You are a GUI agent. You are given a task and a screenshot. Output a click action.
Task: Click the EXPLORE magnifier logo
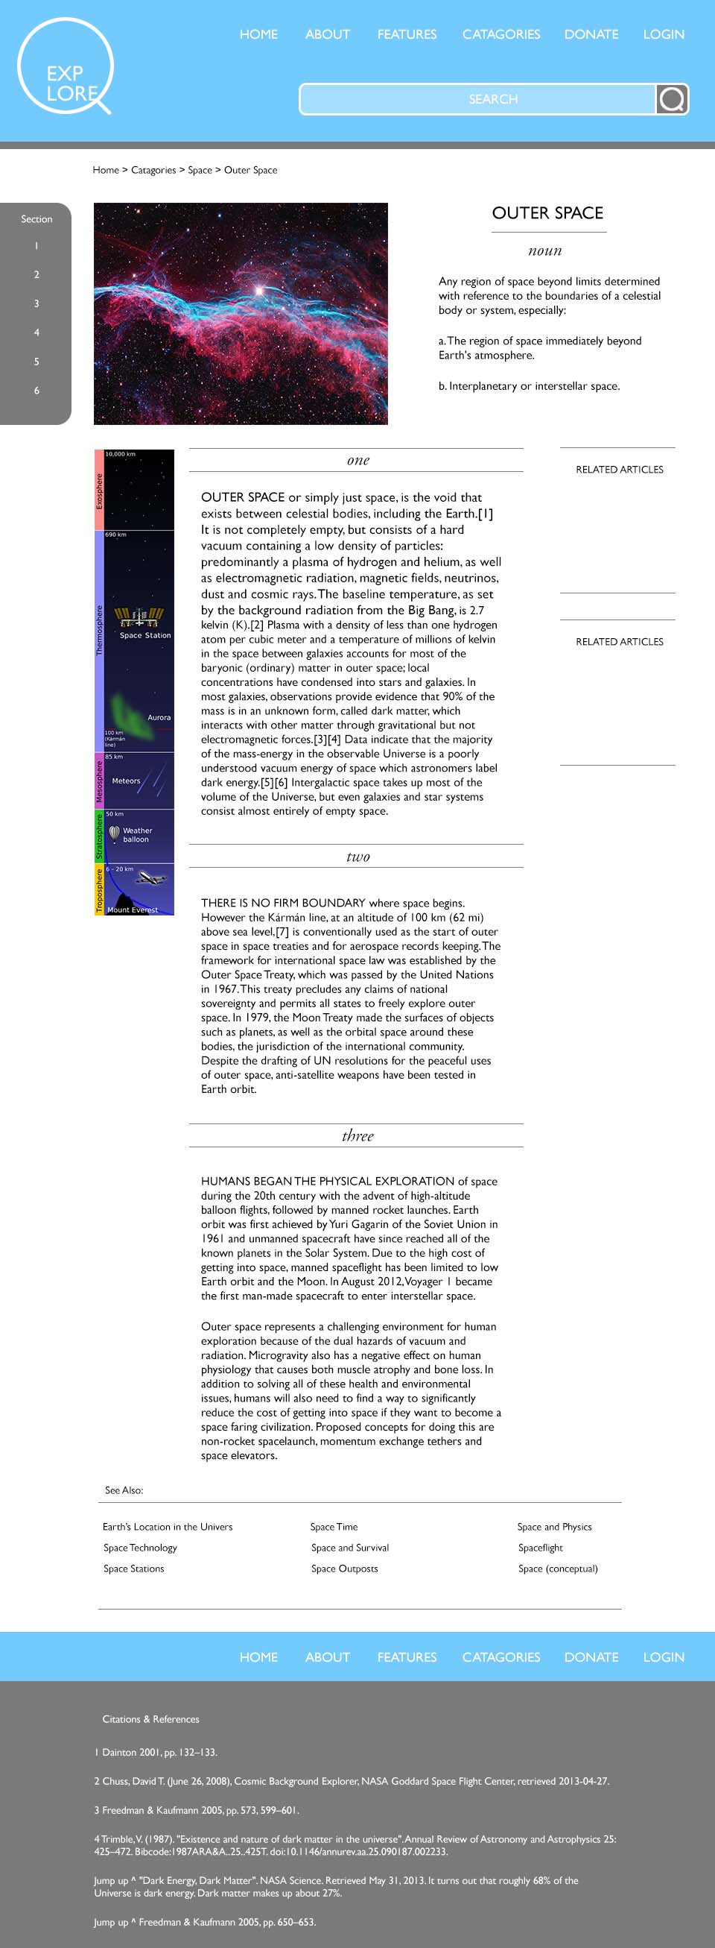(x=65, y=68)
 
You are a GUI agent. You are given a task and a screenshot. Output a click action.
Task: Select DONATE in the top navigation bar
(x=591, y=34)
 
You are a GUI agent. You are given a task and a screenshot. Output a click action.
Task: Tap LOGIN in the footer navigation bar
(x=664, y=1657)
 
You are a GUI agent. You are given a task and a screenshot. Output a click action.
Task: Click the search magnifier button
(x=671, y=99)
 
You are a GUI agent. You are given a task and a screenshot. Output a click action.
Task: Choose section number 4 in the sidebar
(x=36, y=332)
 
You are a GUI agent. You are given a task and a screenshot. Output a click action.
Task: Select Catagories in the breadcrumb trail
(x=153, y=170)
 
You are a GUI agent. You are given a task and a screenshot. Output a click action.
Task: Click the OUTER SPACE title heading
(x=547, y=213)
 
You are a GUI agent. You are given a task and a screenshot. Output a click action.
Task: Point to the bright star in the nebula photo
(x=259, y=290)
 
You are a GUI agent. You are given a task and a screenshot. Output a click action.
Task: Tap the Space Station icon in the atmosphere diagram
(x=139, y=617)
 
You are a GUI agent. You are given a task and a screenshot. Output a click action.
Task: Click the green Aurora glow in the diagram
(x=124, y=714)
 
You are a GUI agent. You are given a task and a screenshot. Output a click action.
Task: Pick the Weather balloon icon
(x=114, y=833)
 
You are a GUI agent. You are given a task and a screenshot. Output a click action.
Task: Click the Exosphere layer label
(x=99, y=491)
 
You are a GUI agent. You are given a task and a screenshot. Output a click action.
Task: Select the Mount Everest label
(x=133, y=910)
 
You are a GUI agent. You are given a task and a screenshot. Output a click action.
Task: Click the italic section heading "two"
(x=357, y=856)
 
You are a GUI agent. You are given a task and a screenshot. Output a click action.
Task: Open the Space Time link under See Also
(x=334, y=1527)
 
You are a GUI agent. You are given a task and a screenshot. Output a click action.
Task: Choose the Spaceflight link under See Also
(x=541, y=1548)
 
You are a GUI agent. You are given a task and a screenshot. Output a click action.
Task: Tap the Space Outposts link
(x=345, y=1569)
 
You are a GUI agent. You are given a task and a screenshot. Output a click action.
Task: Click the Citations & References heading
(x=151, y=1719)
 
